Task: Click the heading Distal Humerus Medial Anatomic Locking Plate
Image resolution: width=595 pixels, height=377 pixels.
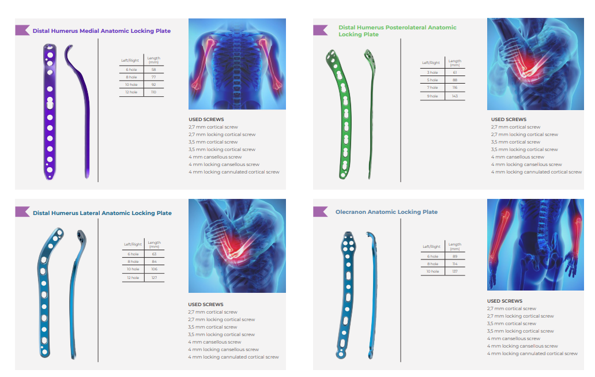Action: tap(101, 31)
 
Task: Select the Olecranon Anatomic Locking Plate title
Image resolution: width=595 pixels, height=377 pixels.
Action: tap(386, 212)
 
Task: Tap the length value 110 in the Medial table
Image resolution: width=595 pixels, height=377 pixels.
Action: tap(153, 92)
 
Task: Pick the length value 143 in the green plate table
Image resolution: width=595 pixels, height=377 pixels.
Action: tap(455, 96)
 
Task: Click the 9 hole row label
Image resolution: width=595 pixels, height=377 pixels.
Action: tap(432, 96)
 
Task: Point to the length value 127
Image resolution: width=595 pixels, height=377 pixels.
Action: tap(154, 278)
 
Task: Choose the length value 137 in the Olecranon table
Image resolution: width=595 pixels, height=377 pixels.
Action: tap(455, 271)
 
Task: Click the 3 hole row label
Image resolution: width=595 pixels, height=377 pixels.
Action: tap(432, 73)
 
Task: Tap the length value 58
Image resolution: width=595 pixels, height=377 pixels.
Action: tap(153, 69)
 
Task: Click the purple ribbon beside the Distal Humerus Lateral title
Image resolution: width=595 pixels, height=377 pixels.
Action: tap(22, 212)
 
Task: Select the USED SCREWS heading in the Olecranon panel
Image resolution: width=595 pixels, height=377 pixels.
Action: tap(504, 301)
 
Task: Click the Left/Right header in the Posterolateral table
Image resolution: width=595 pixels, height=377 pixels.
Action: tap(431, 63)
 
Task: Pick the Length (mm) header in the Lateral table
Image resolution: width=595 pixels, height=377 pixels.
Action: tap(154, 244)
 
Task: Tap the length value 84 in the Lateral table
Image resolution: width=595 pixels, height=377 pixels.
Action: tap(154, 262)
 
